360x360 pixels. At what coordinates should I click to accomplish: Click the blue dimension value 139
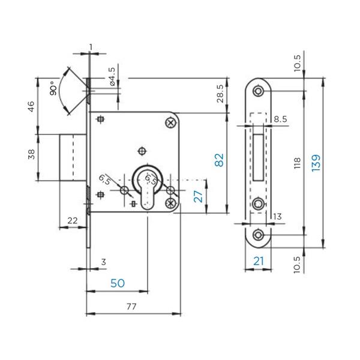pyautogui.click(x=316, y=163)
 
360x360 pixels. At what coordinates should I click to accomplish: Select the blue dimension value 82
pyautogui.click(x=219, y=160)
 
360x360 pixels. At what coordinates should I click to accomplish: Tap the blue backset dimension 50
pyautogui.click(x=118, y=283)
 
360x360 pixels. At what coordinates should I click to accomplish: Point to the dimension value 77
pyautogui.click(x=131, y=306)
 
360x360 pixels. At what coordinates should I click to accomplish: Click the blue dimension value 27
pyautogui.click(x=198, y=196)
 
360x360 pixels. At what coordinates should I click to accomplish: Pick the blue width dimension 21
pyautogui.click(x=259, y=261)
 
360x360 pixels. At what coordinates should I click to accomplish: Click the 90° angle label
pyautogui.click(x=53, y=88)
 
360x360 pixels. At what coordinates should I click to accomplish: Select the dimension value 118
pyautogui.click(x=297, y=163)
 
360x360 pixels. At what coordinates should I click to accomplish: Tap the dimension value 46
pyautogui.click(x=31, y=106)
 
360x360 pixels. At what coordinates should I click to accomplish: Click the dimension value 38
pyautogui.click(x=31, y=154)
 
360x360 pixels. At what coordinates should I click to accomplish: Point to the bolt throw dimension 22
pyautogui.click(x=73, y=221)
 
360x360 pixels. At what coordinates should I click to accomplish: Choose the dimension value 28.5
pyautogui.click(x=220, y=94)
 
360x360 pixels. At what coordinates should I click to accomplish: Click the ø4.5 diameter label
pyautogui.click(x=112, y=76)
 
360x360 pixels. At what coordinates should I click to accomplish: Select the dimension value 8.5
pyautogui.click(x=280, y=119)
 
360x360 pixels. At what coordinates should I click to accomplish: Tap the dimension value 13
pyautogui.click(x=277, y=217)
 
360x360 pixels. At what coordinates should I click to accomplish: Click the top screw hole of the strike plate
pyautogui.click(x=258, y=91)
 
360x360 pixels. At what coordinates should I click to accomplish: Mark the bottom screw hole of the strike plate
pyautogui.click(x=258, y=235)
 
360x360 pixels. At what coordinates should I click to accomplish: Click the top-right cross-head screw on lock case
pyautogui.click(x=171, y=123)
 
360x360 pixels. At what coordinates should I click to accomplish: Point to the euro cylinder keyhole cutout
pyautogui.click(x=148, y=187)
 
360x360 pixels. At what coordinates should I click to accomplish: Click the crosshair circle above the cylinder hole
pyautogui.click(x=142, y=151)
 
